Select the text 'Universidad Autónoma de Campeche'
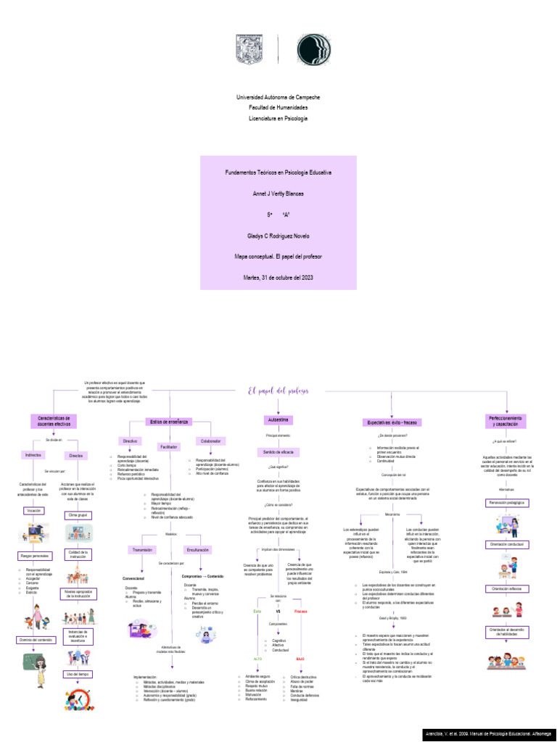pos(278,97)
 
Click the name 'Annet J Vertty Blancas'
pos(278,193)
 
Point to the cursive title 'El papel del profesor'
pos(278,391)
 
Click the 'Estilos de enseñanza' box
pos(170,421)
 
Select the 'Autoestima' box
pos(278,420)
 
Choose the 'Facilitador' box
pos(169,447)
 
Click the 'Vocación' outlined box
pos(33,511)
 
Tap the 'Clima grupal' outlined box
pos(77,514)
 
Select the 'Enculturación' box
pos(198,550)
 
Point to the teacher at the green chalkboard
pos(33,662)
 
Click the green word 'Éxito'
pos(257,611)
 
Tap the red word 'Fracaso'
pos(300,611)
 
